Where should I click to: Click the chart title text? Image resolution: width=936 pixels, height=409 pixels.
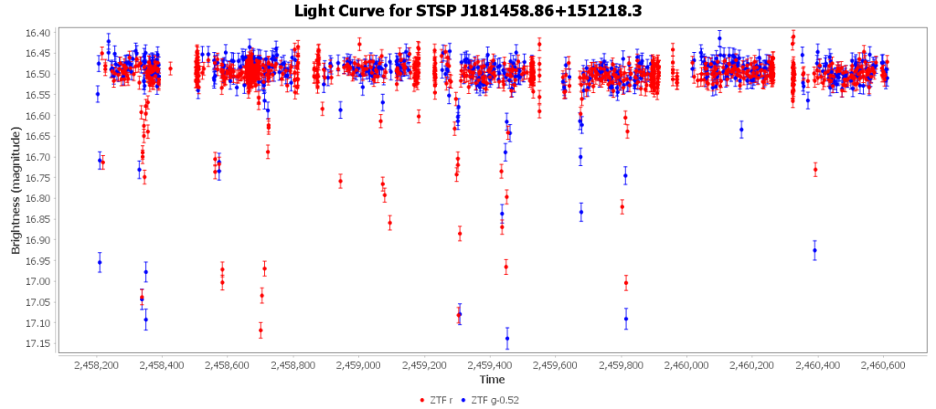click(x=468, y=11)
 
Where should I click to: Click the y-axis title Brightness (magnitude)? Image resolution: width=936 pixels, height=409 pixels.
click(x=16, y=189)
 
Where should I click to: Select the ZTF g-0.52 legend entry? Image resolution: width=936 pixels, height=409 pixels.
click(x=494, y=399)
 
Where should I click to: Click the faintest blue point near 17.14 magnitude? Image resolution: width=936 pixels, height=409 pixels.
click(x=507, y=338)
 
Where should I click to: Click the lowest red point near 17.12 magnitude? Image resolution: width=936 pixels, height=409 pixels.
click(x=261, y=330)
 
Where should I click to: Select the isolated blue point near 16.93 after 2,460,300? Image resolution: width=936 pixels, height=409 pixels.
click(x=814, y=250)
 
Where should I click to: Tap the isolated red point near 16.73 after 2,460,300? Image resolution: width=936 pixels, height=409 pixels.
click(x=815, y=170)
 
